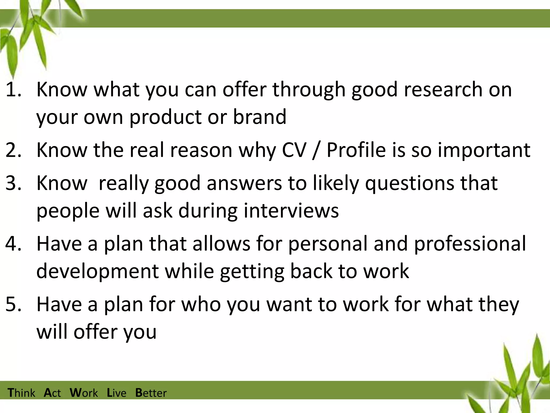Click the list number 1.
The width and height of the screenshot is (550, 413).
13,90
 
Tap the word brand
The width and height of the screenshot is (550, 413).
259,117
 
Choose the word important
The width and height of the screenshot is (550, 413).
484,150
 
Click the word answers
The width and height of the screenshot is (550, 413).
244,183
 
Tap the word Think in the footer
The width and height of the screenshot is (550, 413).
21,393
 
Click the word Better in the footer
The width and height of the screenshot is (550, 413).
151,393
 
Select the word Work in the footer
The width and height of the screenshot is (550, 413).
84,393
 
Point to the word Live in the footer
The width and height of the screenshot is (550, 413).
117,393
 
